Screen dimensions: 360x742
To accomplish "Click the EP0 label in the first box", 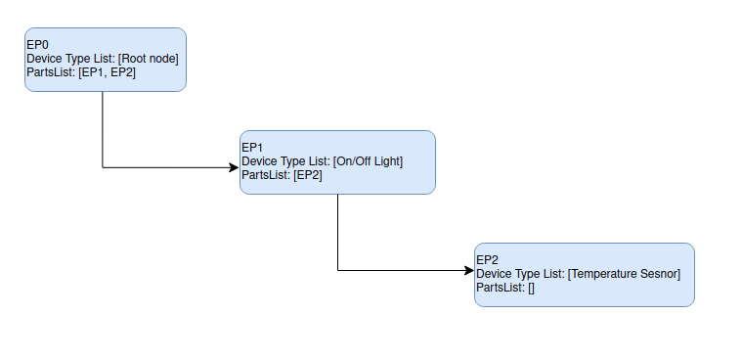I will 36,45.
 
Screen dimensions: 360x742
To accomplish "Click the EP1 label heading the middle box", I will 251,148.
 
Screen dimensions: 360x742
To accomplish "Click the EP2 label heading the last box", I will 487,260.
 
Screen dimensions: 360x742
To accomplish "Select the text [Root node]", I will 148,59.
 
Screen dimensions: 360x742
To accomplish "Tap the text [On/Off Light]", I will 368,161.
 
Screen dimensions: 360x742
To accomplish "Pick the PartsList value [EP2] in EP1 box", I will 308,175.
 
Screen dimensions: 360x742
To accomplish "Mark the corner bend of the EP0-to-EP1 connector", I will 103,167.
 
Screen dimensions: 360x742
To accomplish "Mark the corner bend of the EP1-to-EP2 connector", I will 337,270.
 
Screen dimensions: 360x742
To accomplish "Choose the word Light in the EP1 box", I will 385,161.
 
